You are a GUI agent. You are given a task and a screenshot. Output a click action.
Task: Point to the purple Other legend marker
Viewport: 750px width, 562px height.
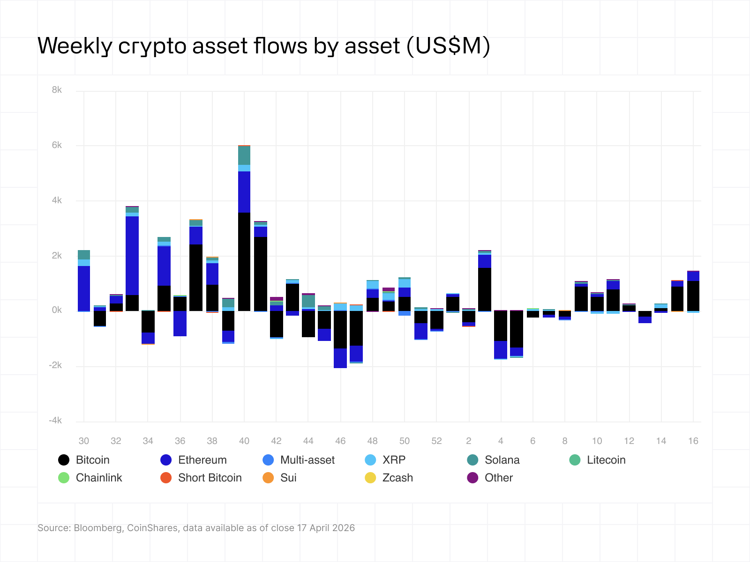pos(472,478)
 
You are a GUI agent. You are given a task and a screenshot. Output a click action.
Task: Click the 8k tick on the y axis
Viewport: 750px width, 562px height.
pos(57,90)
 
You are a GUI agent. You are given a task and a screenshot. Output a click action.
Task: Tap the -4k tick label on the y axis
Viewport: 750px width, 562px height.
pos(55,421)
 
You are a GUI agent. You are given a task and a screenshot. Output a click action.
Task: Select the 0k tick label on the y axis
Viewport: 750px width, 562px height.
pos(57,310)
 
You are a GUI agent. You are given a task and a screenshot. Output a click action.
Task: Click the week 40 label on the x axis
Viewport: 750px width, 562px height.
pos(244,441)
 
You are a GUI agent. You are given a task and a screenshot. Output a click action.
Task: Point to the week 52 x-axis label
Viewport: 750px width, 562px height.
pos(436,441)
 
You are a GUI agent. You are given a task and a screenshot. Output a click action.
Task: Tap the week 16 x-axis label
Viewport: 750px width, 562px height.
pos(693,441)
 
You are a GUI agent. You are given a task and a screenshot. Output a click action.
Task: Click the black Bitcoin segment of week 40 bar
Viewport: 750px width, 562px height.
pos(244,262)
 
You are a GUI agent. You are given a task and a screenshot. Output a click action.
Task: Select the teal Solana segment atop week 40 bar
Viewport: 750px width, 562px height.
pos(244,155)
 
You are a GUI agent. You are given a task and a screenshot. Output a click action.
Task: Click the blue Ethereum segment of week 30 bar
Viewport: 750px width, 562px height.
pos(84,288)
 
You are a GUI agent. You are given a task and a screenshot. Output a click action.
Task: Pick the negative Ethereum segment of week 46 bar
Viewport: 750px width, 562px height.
pos(340,358)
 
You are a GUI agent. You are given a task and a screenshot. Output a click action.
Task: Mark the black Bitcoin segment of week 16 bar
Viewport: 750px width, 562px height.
pos(693,296)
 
